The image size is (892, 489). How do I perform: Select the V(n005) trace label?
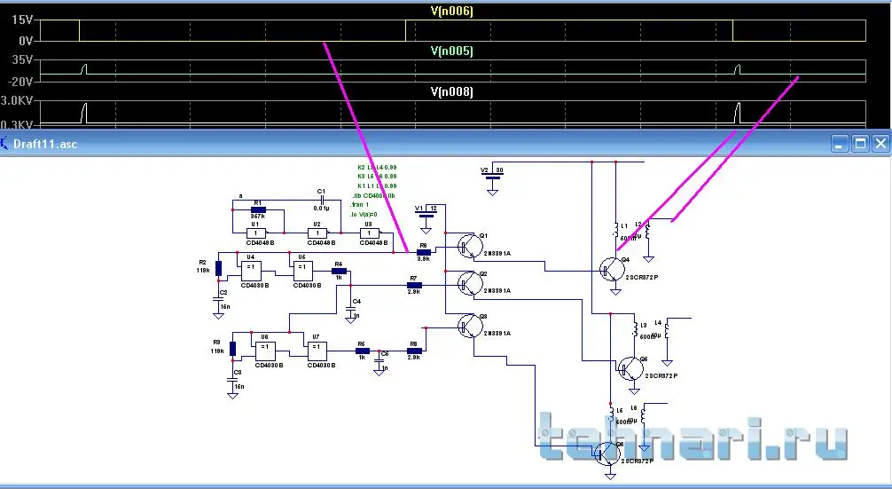(x=452, y=51)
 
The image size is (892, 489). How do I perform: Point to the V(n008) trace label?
(x=452, y=92)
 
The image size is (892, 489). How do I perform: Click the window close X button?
(x=880, y=143)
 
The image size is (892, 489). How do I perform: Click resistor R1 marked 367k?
(x=259, y=209)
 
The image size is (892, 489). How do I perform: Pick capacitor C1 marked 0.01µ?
(x=321, y=199)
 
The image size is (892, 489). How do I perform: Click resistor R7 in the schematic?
(x=414, y=286)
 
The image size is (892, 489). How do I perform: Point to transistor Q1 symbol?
(x=467, y=245)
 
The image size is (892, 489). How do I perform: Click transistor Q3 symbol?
(x=467, y=326)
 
